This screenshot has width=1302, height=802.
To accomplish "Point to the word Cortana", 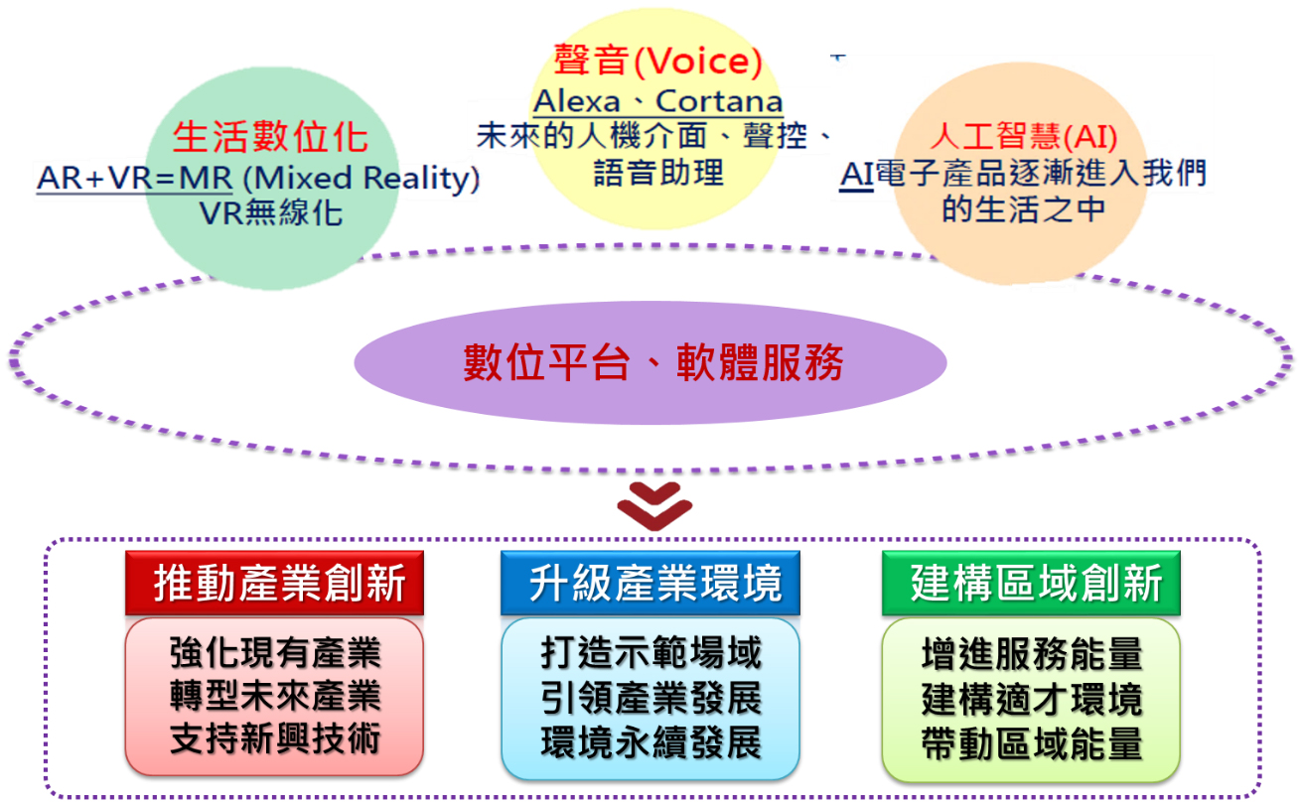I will coord(719,101).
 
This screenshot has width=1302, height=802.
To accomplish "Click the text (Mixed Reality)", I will coord(360,179).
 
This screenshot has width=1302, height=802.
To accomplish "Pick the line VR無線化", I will coord(270,212).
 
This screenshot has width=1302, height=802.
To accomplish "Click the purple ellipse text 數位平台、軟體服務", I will coord(652,363).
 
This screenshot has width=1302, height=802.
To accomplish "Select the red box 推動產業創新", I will coord(274,585).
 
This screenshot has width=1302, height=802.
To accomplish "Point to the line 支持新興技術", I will coord(274,739).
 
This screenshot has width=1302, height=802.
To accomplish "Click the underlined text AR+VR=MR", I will coord(134,179).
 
